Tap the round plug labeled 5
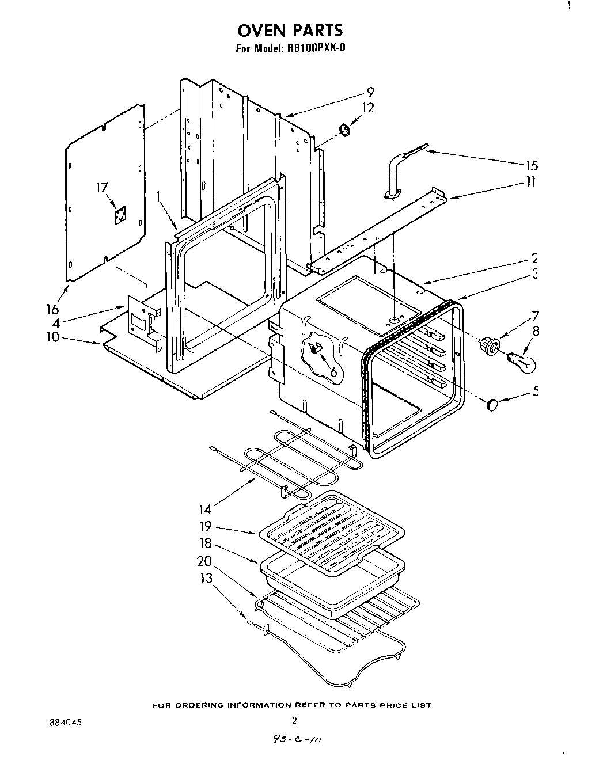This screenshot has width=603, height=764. tap(494, 405)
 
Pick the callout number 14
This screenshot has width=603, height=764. tap(206, 508)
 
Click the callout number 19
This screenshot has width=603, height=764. tap(206, 526)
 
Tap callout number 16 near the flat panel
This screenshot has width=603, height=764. tap(52, 309)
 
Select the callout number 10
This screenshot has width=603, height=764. tap(53, 336)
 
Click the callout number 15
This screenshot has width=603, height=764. tap(531, 166)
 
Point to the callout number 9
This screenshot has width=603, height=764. tap(370, 92)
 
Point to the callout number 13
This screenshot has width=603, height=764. tap(206, 578)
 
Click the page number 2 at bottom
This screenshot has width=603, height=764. tap(294, 720)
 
